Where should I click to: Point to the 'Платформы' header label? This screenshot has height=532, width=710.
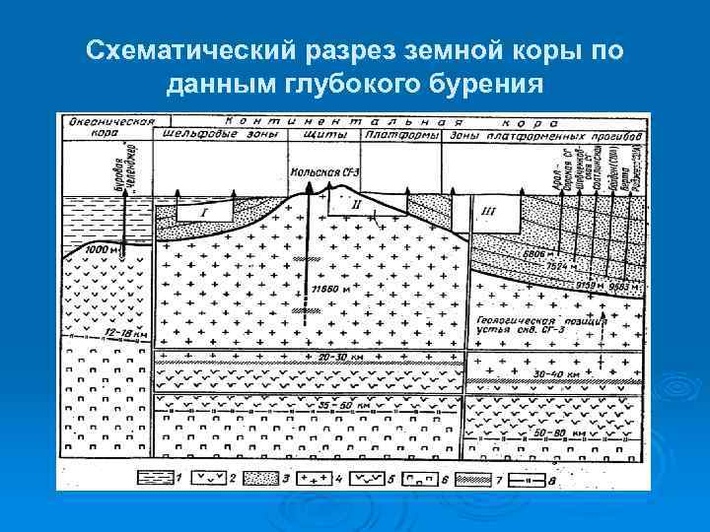[401, 135]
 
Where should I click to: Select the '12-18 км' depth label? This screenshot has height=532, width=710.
[121, 334]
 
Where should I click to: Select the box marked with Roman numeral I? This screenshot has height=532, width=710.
[204, 210]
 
